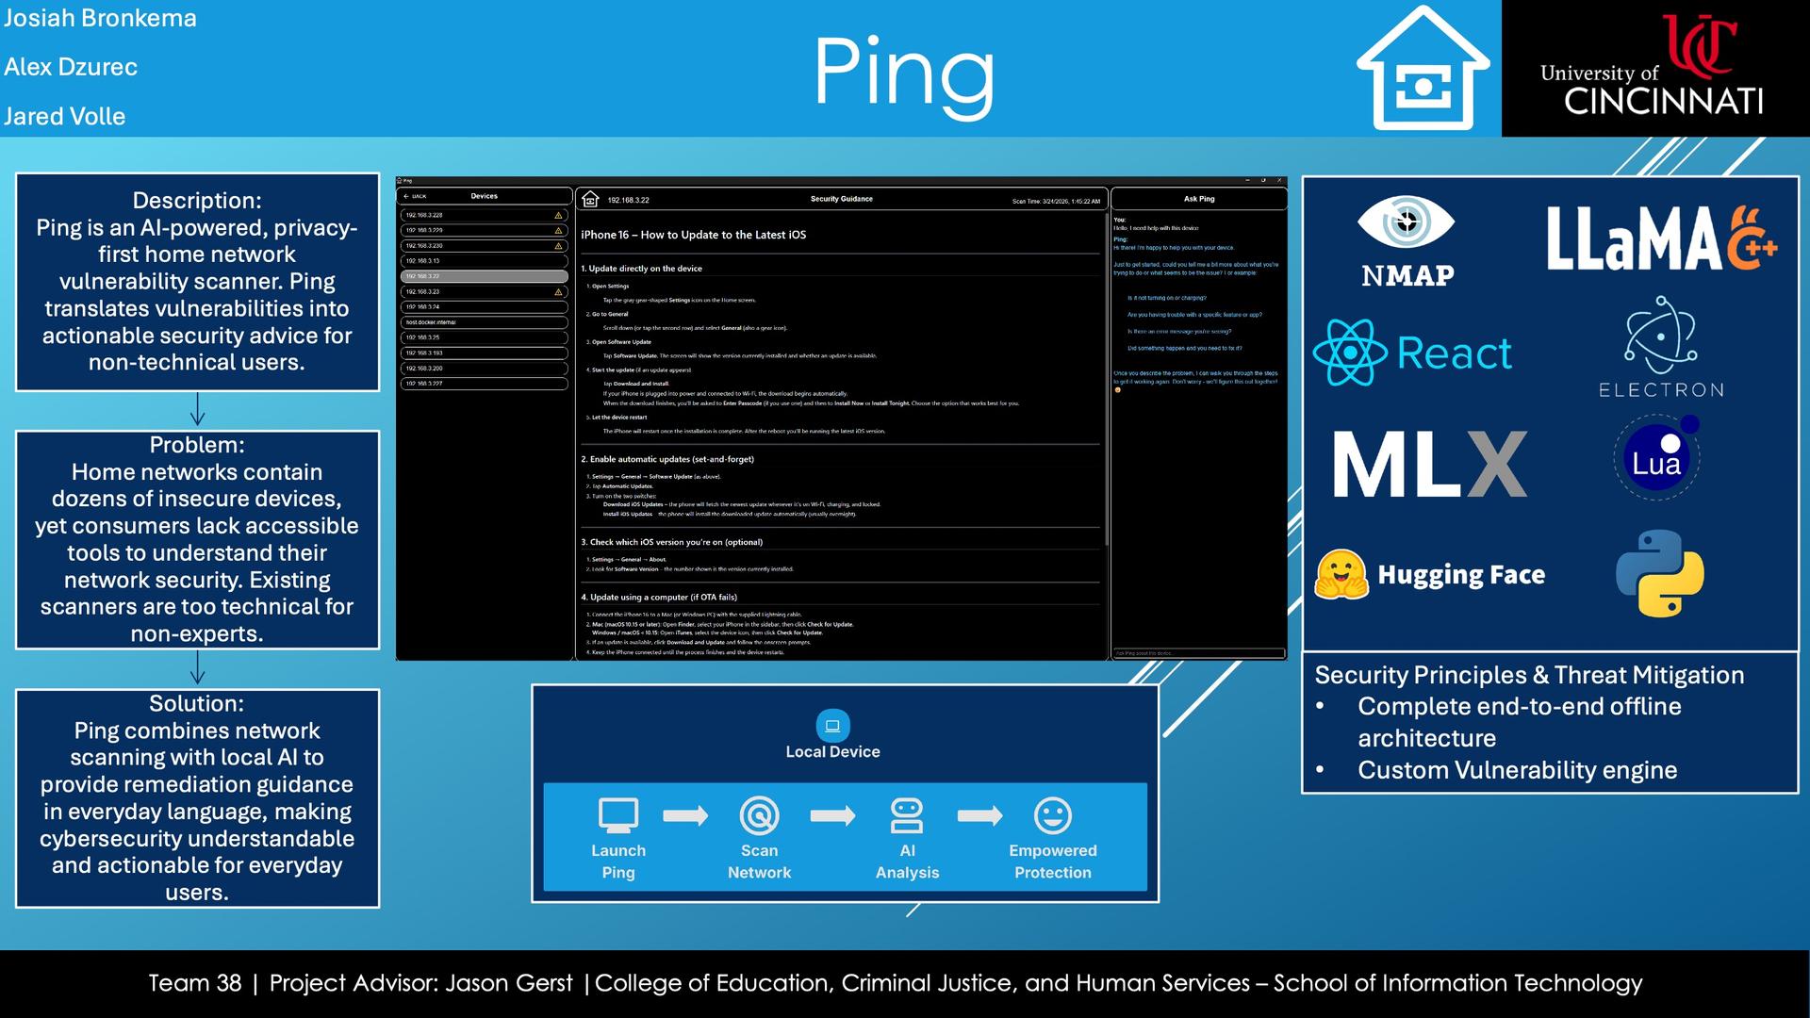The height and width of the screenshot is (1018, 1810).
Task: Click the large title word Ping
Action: point(903,74)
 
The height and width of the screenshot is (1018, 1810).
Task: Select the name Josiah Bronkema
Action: point(100,18)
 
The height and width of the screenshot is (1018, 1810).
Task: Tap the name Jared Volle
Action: point(64,116)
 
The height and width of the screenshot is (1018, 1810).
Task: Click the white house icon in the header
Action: point(1423,70)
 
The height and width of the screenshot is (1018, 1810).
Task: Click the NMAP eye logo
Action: point(1406,224)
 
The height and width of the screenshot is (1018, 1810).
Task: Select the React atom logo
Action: point(1350,353)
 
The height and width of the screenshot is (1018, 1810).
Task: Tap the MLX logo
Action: point(1429,465)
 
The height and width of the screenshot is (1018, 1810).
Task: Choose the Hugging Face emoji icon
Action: point(1341,574)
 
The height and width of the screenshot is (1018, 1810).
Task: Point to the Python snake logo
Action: point(1659,573)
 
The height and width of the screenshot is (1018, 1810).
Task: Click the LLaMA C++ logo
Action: point(1660,238)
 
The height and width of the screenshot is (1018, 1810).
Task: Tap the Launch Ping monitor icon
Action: point(618,815)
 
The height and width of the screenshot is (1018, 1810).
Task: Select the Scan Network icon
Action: point(759,815)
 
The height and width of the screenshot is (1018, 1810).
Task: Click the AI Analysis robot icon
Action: point(907,815)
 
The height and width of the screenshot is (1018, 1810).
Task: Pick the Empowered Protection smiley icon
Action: point(1052,815)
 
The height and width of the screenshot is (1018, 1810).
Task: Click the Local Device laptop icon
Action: point(832,726)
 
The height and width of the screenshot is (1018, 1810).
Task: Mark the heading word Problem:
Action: point(197,445)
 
